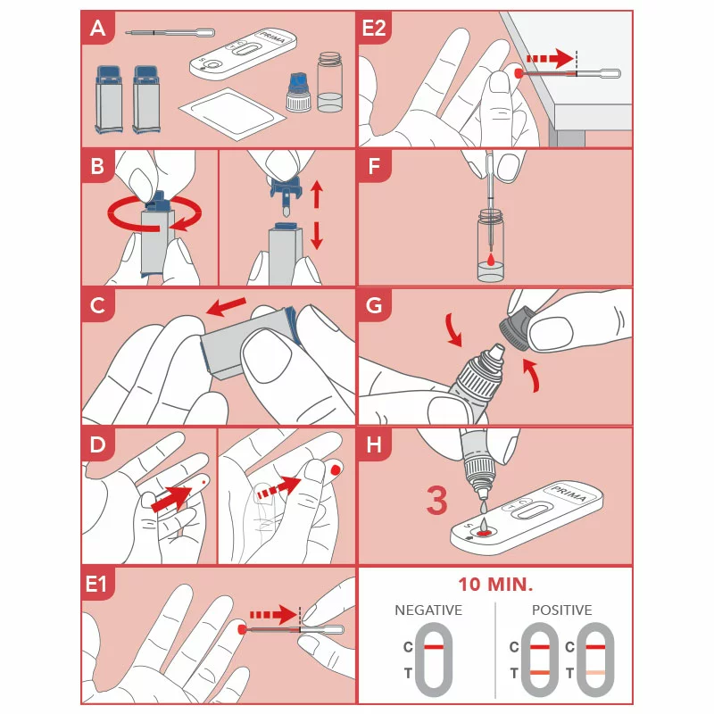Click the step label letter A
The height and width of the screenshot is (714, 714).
(98, 29)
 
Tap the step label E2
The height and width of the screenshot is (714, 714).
(374, 29)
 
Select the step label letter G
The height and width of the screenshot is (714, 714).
(374, 306)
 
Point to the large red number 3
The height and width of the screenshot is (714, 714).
(436, 501)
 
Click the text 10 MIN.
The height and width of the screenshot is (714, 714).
(495, 585)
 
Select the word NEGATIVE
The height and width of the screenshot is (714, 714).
(428, 610)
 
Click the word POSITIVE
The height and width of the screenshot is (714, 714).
(561, 610)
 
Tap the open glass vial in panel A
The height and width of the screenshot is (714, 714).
(329, 82)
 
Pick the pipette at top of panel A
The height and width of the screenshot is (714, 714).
(170, 32)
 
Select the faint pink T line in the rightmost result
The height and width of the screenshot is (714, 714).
(597, 672)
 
